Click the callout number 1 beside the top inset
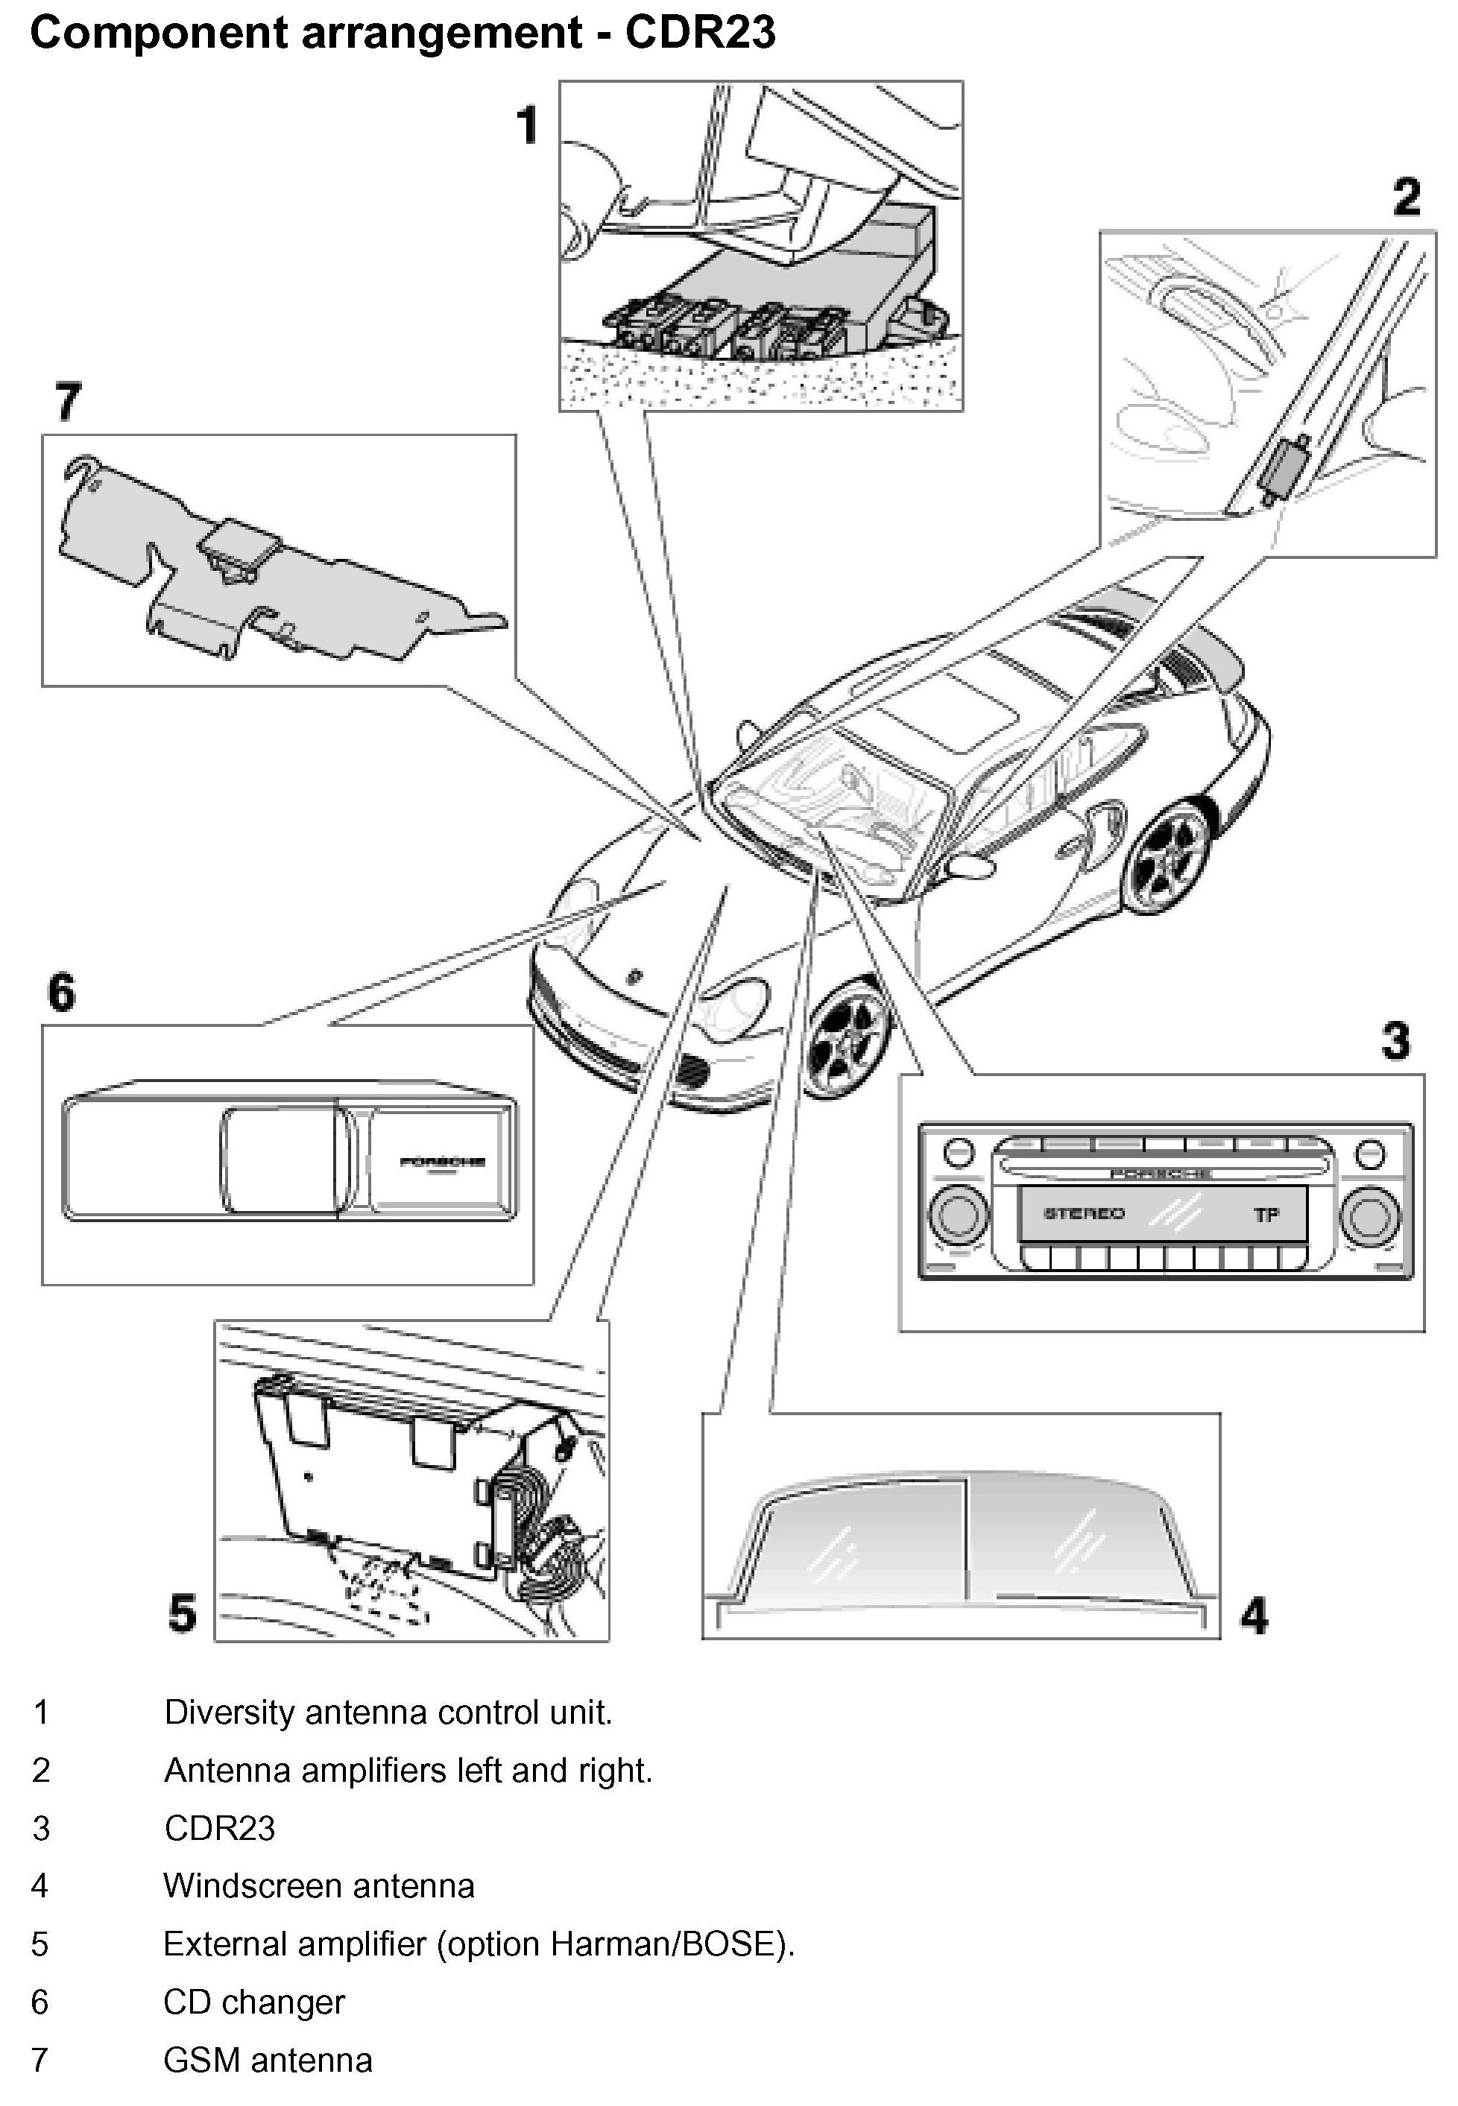(527, 125)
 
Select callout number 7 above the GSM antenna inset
(68, 402)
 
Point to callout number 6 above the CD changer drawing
(61, 993)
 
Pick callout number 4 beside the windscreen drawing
(1253, 1615)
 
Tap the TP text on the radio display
(1266, 1215)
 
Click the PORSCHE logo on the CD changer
(442, 1163)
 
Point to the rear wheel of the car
(1171, 855)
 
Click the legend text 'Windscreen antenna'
(319, 1886)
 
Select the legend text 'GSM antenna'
(268, 2061)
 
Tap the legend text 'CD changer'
(254, 2002)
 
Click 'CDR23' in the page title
(700, 33)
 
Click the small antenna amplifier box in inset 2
(1283, 466)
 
